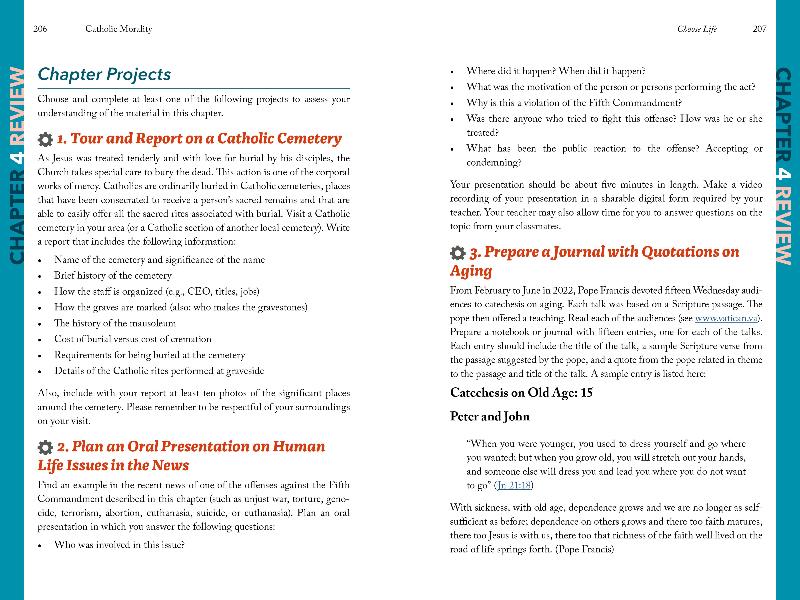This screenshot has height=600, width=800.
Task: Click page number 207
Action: coord(759,29)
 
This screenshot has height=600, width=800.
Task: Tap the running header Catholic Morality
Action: coord(119,29)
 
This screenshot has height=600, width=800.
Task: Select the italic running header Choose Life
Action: coord(697,29)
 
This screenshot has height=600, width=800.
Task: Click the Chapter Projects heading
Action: coord(104,74)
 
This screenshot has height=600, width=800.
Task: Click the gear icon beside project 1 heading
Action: coord(45,140)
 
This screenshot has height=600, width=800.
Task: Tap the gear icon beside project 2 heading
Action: coord(45,447)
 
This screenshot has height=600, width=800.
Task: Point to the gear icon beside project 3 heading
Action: coord(458,253)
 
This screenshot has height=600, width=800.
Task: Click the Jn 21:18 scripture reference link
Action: coord(514,485)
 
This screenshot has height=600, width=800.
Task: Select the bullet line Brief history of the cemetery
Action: coord(113,276)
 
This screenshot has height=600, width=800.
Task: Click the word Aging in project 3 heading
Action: coord(471,271)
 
